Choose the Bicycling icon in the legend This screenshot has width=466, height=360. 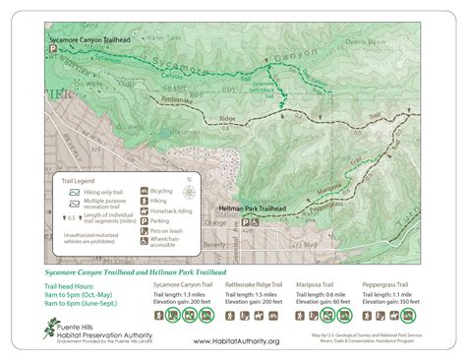[145, 187]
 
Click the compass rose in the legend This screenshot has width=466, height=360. [190, 183]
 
